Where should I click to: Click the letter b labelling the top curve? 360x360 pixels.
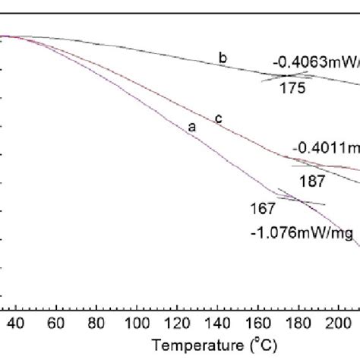[x=223, y=58]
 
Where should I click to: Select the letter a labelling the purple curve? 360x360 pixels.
[x=191, y=128]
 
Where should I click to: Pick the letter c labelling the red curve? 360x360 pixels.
[x=218, y=118]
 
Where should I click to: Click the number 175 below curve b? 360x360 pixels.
[x=291, y=89]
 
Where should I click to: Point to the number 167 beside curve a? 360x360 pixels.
[x=262, y=208]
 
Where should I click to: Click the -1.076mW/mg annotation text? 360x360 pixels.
[x=302, y=235]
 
